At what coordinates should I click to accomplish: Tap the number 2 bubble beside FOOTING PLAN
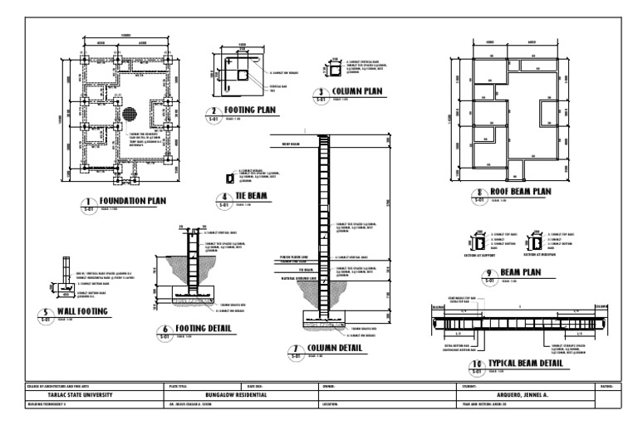coord(213,111)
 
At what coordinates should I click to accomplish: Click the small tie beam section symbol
coord(230,178)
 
